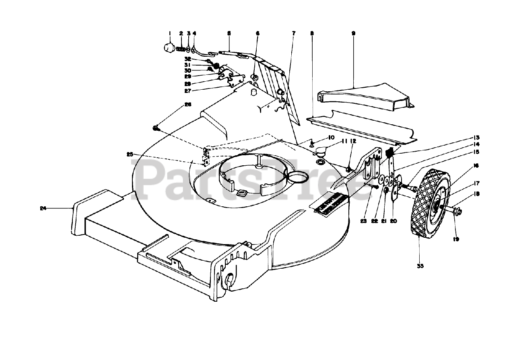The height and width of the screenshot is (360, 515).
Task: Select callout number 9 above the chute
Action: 353,34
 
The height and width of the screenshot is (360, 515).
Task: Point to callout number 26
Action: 187,104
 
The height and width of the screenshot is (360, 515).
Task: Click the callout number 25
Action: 130,154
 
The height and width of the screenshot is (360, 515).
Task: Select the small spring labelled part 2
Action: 182,50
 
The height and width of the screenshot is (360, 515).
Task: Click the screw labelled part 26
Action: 156,128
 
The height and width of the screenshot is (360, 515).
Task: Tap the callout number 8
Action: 312,34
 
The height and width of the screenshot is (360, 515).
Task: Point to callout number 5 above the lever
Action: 229,33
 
